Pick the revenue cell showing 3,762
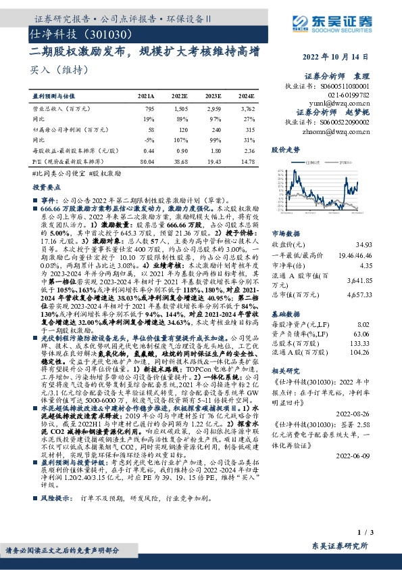(x=248, y=108)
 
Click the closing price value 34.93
(x=363, y=243)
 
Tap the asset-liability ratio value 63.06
(x=363, y=333)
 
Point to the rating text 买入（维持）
(x=49, y=70)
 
